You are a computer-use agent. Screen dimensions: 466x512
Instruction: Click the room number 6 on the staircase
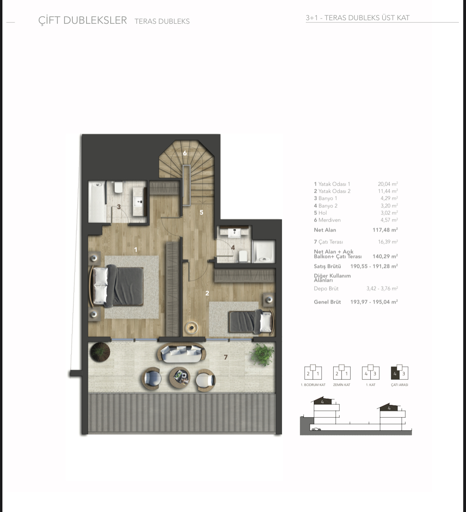pyautogui.click(x=185, y=153)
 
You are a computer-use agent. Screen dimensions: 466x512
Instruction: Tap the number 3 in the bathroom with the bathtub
pyautogui.click(x=119, y=207)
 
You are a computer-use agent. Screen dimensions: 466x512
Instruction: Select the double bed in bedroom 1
pyautogui.click(x=117, y=286)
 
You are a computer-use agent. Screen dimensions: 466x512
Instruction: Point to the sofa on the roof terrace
pyautogui.click(x=181, y=352)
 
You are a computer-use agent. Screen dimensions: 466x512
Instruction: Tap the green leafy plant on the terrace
pyautogui.click(x=262, y=354)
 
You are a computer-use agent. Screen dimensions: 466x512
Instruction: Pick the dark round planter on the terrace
pyautogui.click(x=100, y=352)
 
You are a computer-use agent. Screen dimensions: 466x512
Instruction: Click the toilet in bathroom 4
pyautogui.click(x=243, y=256)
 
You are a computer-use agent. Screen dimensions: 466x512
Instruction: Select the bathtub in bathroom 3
pyautogui.click(x=97, y=201)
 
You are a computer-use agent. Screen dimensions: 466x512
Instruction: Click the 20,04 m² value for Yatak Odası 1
pyautogui.click(x=388, y=184)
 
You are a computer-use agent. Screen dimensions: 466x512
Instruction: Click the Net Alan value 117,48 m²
pyautogui.click(x=385, y=230)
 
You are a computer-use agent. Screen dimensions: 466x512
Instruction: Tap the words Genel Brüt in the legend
pyautogui.click(x=327, y=302)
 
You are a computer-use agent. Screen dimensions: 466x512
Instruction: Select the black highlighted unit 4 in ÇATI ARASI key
pyautogui.click(x=395, y=373)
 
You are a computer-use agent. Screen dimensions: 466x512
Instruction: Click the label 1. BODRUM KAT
pyautogui.click(x=313, y=385)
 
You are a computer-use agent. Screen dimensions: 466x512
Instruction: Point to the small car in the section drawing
pyautogui.click(x=316, y=429)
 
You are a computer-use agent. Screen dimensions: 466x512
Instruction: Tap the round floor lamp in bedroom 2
pyautogui.click(x=192, y=327)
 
